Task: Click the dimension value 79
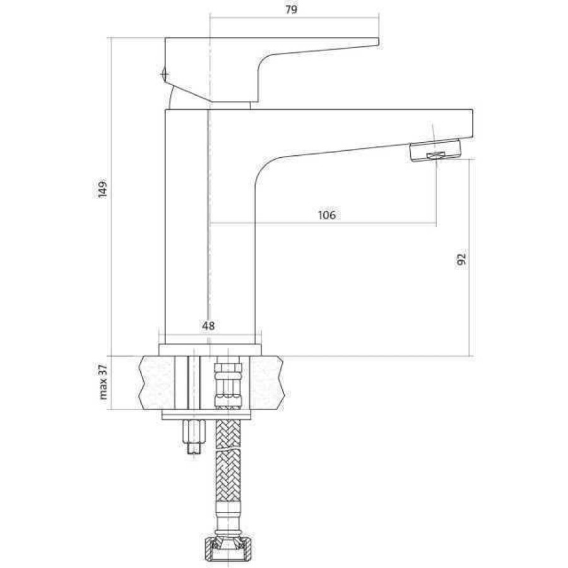click(x=291, y=9)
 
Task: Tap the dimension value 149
click(x=103, y=188)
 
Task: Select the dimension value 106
click(x=327, y=215)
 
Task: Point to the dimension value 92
click(x=461, y=259)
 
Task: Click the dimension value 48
click(x=208, y=326)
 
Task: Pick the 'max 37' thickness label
click(x=104, y=382)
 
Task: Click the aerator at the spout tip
click(x=435, y=150)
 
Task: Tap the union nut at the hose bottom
click(x=228, y=550)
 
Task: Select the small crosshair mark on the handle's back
click(x=164, y=74)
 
